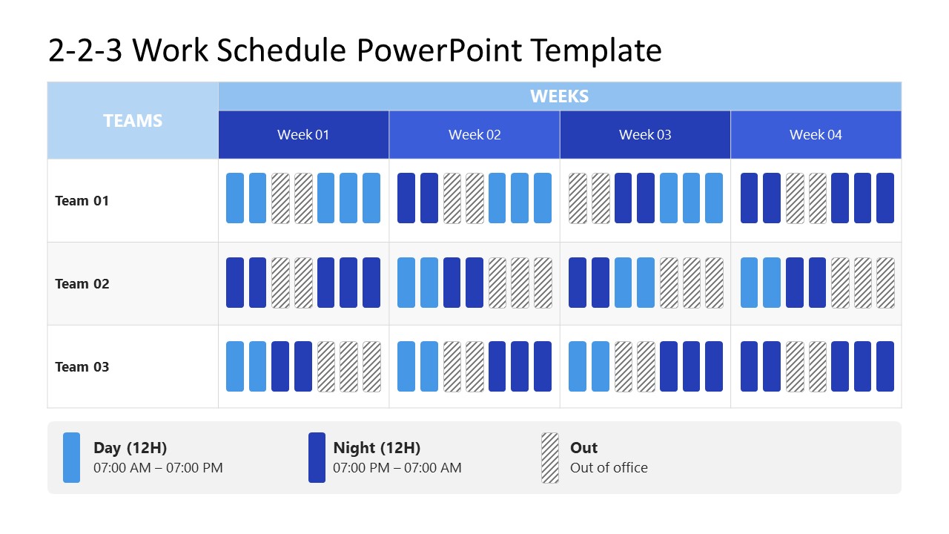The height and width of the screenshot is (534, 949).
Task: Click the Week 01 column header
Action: coord(303,135)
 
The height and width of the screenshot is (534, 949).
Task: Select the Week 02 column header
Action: coord(474,135)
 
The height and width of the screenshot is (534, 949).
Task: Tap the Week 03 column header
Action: coord(645,135)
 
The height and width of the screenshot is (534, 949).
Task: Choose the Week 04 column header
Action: coord(816,135)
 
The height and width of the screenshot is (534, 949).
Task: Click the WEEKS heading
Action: coord(560,96)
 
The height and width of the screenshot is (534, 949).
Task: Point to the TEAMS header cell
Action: coord(133,121)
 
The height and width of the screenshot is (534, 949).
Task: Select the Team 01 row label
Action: coord(82,201)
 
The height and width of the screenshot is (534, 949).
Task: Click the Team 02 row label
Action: coord(82,284)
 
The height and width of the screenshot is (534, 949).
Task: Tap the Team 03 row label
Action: coord(82,367)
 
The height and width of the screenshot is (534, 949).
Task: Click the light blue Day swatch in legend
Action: coord(71,458)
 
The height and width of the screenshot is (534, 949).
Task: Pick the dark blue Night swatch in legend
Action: coord(317,458)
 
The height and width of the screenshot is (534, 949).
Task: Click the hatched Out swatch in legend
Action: coord(550,458)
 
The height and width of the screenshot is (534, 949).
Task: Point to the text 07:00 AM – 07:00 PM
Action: coord(158,468)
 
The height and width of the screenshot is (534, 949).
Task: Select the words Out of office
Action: coord(609,468)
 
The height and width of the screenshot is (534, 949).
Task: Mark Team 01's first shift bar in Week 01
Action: coord(235,198)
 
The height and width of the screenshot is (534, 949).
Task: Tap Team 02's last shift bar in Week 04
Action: coord(885,283)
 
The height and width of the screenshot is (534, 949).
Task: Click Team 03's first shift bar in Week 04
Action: coord(750,366)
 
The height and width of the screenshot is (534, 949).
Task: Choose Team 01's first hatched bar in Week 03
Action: coord(578,198)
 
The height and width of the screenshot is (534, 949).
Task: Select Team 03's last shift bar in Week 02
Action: coord(543,366)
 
